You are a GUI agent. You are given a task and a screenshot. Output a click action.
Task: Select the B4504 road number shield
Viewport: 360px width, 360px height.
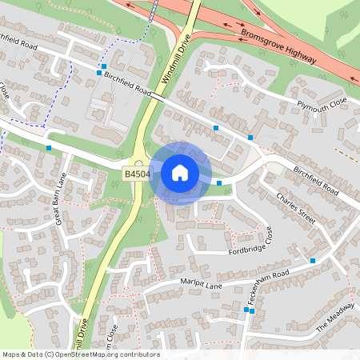coord(136,173)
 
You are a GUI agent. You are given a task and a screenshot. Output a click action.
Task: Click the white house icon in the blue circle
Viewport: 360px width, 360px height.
coord(180,172)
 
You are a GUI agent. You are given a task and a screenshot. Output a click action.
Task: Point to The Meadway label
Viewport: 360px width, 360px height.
coord(334,318)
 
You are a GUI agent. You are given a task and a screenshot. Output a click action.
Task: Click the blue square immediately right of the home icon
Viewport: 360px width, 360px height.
coord(219,183)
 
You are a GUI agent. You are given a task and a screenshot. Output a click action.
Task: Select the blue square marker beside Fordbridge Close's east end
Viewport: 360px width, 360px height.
coord(312,261)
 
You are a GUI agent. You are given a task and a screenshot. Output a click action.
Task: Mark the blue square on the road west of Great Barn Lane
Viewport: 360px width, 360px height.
coord(49,147)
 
